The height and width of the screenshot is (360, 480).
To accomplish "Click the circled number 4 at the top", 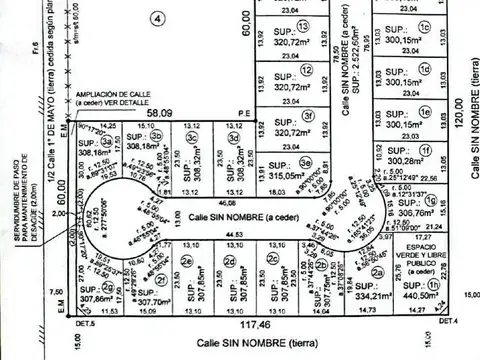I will [x=156, y=17].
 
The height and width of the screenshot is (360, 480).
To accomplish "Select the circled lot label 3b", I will [x=159, y=138].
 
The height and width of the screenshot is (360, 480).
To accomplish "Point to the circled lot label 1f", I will [x=425, y=150].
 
